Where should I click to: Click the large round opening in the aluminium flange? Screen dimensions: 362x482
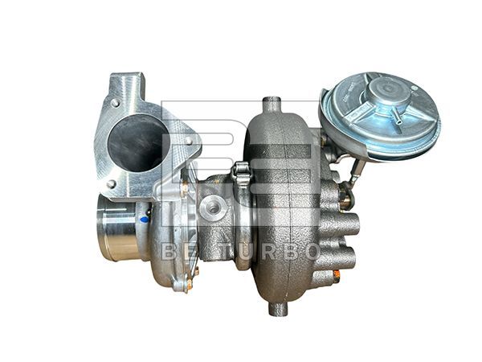pyautogui.click(x=137, y=144)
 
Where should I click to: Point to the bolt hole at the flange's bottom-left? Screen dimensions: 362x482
pyautogui.click(x=111, y=184)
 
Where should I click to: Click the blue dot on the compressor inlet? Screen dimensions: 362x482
pyautogui.click(x=145, y=217)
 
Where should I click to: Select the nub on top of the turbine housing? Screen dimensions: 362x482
pyautogui.click(x=272, y=104)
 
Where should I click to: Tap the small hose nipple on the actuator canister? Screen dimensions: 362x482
pyautogui.click(x=398, y=118)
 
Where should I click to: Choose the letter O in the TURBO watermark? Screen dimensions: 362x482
pyautogui.click(x=310, y=251)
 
